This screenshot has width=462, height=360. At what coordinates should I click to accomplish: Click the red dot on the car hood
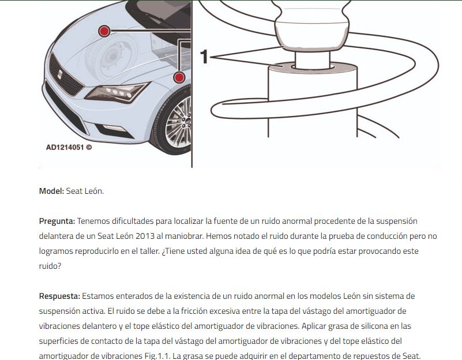[x=104, y=31]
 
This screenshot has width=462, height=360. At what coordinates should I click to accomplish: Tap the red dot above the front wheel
[x=179, y=77]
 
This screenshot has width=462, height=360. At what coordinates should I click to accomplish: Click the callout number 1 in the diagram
[x=204, y=57]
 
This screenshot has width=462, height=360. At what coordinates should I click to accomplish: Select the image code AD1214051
[x=65, y=147]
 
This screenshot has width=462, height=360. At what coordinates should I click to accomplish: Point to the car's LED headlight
[x=117, y=92]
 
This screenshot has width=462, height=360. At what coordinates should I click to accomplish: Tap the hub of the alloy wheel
[x=187, y=121]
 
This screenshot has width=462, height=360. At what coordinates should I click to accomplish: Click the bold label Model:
[x=51, y=191]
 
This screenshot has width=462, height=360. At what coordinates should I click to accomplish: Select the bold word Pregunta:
[x=57, y=221]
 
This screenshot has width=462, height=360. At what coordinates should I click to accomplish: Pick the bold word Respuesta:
[x=59, y=296]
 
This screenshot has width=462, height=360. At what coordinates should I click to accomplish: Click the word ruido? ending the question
[x=50, y=266]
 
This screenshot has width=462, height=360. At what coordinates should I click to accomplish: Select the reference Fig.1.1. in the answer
[x=157, y=356]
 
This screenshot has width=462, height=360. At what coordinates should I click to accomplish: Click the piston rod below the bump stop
[x=312, y=60]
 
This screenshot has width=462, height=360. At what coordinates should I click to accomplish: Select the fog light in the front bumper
[x=114, y=127]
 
